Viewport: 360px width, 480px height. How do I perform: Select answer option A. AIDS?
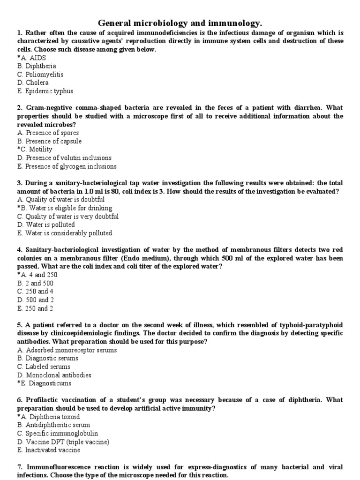coord(31,58)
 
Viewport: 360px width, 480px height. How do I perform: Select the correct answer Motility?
coord(35,150)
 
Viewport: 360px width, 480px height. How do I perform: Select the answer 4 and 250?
coord(37,275)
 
